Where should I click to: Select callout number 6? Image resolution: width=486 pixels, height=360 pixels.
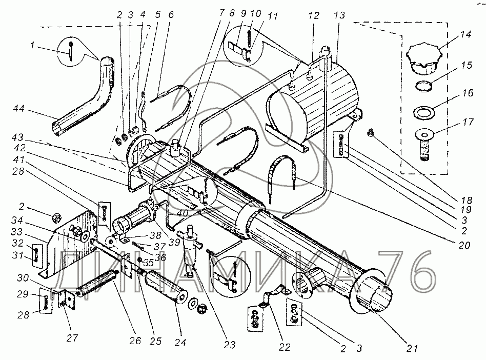[x=171, y=15]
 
